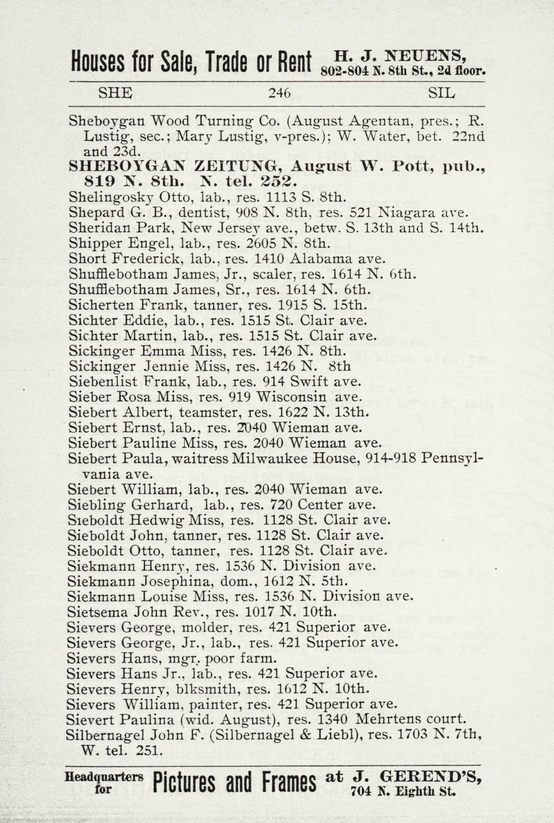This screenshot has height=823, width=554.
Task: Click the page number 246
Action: (280, 94)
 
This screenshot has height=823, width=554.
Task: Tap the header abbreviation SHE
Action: (115, 93)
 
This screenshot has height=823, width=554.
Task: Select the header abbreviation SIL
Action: (441, 93)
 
